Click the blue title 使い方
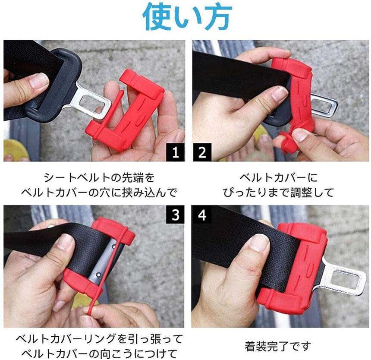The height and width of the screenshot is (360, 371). [x=187, y=17]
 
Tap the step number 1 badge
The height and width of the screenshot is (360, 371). [x=175, y=152]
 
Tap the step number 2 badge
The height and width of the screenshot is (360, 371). [x=202, y=152]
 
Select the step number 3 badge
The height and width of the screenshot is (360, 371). [x=175, y=215]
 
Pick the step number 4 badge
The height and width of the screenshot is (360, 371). [x=202, y=215]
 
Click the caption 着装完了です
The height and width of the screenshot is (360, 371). [x=278, y=346]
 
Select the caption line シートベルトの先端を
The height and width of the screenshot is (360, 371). [x=99, y=178]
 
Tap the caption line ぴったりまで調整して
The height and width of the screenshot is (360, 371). [x=278, y=193]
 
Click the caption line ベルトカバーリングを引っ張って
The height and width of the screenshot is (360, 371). [x=99, y=339]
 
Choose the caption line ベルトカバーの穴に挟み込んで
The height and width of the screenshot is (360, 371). [x=99, y=193]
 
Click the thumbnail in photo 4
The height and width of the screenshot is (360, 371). [x=259, y=243]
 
